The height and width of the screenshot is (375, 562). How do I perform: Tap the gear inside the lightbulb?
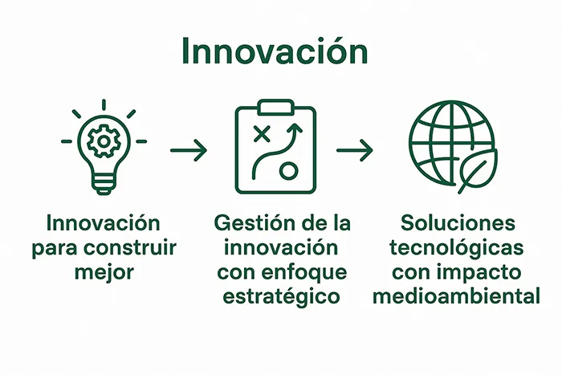pos(104,143)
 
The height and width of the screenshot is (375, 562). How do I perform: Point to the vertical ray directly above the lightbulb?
pos(104,104)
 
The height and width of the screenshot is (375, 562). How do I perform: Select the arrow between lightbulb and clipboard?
pos(189,149)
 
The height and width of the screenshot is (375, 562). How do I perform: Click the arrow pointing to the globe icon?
pos(354,149)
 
